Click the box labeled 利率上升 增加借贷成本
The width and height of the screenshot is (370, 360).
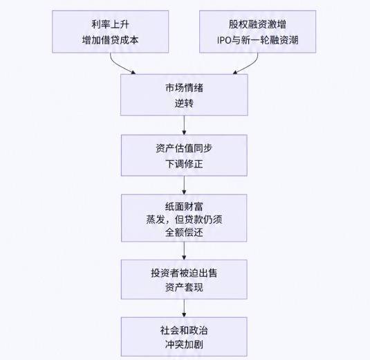[x=110, y=32]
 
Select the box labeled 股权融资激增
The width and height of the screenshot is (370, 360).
[x=257, y=32]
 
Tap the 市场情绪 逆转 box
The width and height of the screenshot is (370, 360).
[x=184, y=95]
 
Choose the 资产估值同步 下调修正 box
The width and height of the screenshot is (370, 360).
[x=184, y=155]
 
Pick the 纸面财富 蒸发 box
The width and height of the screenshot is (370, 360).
[x=184, y=218]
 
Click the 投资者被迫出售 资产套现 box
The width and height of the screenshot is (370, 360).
[x=184, y=279]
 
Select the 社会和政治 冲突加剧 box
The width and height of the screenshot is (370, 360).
[x=184, y=336]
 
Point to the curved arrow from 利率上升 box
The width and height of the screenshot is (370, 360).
[x=119, y=66]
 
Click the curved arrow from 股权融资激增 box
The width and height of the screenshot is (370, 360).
[x=249, y=66]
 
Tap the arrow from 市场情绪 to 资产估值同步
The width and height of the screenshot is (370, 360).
[x=184, y=125]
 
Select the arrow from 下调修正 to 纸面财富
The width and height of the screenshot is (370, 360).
[x=184, y=186]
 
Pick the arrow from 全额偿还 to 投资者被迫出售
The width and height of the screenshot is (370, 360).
[x=184, y=251]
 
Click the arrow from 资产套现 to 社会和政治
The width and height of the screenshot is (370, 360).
[x=184, y=308]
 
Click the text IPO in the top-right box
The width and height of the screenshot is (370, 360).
[x=223, y=40]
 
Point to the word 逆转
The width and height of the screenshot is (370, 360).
[x=184, y=103]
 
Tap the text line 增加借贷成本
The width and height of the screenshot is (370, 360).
[x=110, y=40]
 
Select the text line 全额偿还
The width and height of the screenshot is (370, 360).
[x=184, y=232]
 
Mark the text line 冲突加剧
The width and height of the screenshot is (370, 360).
[x=184, y=344]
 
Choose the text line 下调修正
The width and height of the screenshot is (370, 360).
[x=184, y=163]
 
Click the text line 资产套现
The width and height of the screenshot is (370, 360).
[x=184, y=287]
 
